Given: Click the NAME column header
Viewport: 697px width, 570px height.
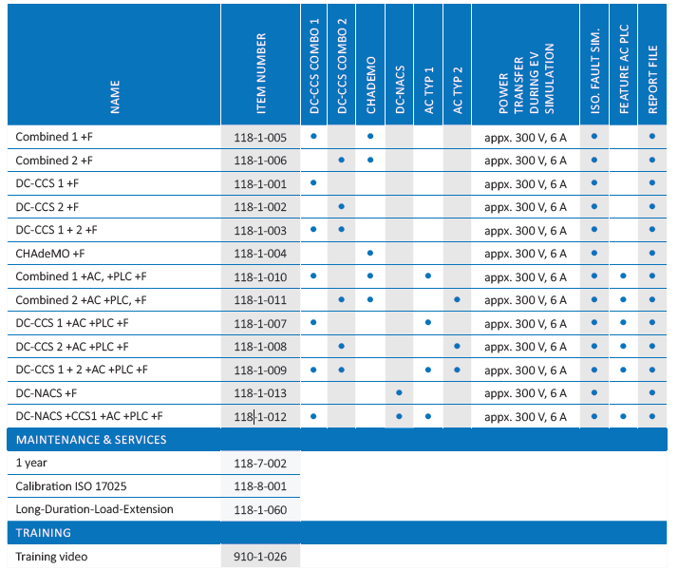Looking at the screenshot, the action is tap(115, 97).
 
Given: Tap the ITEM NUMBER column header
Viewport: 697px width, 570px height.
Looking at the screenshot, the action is tap(261, 73).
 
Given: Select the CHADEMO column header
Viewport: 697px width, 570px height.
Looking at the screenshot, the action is tap(370, 85).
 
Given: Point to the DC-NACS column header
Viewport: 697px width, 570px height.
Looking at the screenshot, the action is tap(400, 90).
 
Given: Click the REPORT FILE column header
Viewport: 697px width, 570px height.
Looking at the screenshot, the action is tap(652, 80).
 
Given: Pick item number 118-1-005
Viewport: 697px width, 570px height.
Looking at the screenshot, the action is tap(260, 138).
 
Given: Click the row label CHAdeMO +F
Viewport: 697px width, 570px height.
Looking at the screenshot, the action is tap(49, 254).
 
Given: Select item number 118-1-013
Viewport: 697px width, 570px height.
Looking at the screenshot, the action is tap(260, 393).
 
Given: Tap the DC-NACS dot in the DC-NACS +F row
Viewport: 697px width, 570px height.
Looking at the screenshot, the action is tap(399, 392).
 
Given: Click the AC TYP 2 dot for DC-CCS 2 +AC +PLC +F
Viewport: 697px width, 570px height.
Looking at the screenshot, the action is tap(457, 346).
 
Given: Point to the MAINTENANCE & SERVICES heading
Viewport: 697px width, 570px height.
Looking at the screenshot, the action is tap(91, 440).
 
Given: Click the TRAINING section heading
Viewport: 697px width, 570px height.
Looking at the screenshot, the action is tap(43, 533).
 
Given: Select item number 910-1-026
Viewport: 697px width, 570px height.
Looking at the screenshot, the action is tap(260, 556).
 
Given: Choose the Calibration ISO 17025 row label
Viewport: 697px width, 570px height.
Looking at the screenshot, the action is tap(71, 486).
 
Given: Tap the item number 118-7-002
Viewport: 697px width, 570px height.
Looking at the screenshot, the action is tap(260, 464).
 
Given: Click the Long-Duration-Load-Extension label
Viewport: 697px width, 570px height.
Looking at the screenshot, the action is tap(94, 509).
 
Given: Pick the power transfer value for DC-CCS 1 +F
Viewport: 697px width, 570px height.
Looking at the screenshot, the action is tap(525, 184).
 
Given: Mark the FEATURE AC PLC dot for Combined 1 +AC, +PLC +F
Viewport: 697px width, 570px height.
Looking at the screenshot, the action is tap(623, 275).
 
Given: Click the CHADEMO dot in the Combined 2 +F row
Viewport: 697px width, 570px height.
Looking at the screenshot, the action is tap(370, 160).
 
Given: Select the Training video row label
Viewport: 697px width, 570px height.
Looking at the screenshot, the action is tap(51, 556).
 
